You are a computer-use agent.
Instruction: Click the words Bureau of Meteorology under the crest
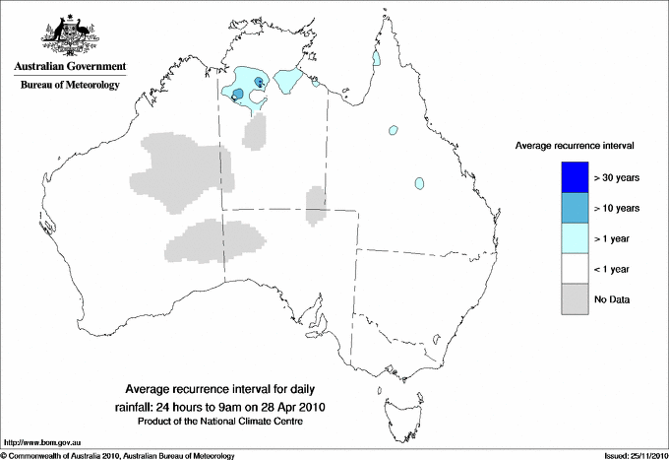point(70,86)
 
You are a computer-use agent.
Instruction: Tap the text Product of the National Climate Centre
point(233,422)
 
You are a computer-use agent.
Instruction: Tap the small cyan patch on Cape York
point(376,60)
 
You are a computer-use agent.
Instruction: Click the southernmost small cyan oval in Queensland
point(420,183)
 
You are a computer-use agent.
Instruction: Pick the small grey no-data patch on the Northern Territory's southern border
point(316,205)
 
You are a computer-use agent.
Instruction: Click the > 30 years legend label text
point(617,178)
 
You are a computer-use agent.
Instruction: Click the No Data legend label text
point(612,299)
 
